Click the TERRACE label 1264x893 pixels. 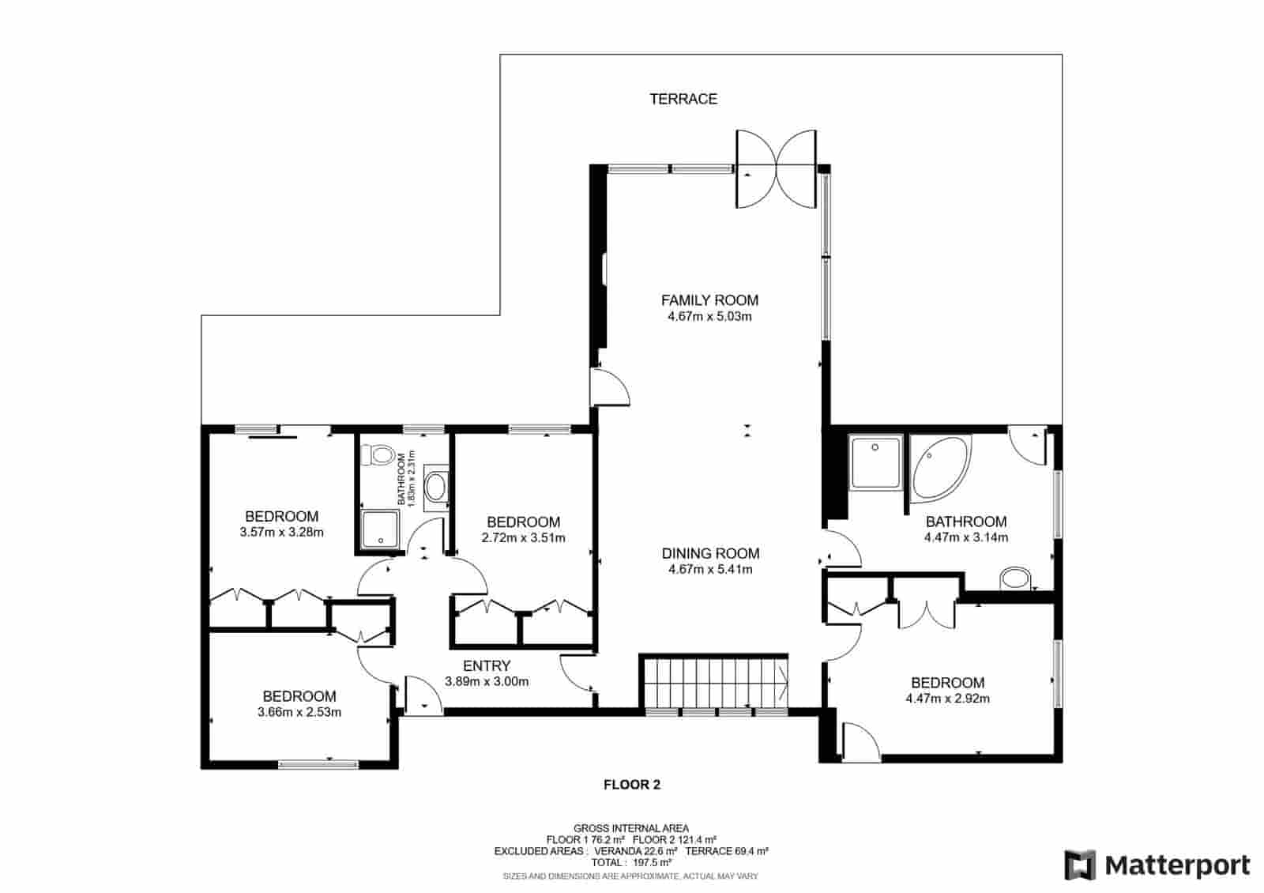pos(683,99)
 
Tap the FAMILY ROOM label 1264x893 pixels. pos(709,300)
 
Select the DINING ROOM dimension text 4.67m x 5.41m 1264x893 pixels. pos(709,569)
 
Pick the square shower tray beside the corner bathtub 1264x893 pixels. pos(875,462)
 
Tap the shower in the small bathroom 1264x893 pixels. pos(382,528)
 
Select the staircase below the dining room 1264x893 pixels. pos(713,682)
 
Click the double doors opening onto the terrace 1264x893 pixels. pos(776,168)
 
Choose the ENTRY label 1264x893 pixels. pos(487,666)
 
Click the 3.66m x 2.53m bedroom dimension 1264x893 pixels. pos(299,712)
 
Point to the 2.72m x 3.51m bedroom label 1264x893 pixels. pos(523,522)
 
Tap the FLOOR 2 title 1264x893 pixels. pos(631,785)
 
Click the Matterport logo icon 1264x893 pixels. pos(1080,865)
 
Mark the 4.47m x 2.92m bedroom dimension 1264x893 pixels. pos(947,699)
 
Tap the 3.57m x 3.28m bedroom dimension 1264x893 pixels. pos(281,532)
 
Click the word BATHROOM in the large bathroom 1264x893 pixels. pos(965,522)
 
